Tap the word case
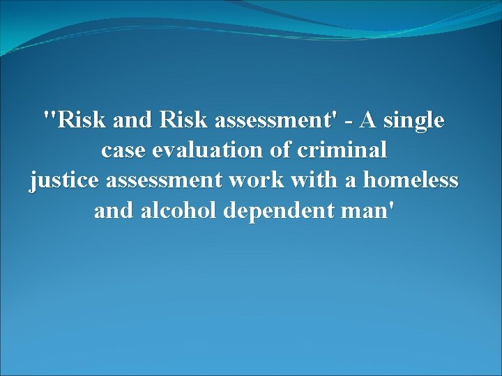pyautogui.click(x=123, y=151)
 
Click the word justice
pyautogui.click(x=64, y=181)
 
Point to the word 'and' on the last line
pyautogui.click(x=114, y=210)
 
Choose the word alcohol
pyautogui.click(x=178, y=210)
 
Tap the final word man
pyautogui.click(x=366, y=211)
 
